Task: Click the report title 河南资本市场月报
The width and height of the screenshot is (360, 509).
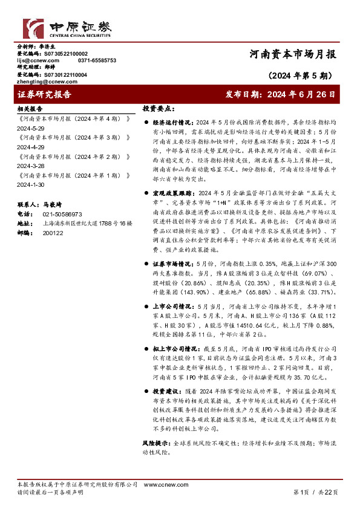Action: (294, 54)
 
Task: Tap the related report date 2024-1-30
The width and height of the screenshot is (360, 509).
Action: (30, 184)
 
